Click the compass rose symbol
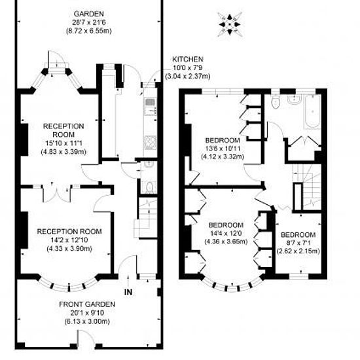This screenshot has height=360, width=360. (230, 24)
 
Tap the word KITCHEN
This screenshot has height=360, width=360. (188, 59)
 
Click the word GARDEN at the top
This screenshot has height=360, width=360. (88, 14)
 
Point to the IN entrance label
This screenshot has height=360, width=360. (128, 292)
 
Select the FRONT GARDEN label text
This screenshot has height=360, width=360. (87, 304)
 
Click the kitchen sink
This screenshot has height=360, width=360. (151, 106)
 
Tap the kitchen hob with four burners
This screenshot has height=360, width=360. (151, 143)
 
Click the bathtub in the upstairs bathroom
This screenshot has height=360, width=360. (312, 111)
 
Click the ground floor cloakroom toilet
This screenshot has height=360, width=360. (149, 187)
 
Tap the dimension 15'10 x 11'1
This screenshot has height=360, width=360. (63, 143)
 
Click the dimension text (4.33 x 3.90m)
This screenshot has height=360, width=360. (69, 249)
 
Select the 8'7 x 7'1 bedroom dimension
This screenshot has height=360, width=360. (298, 243)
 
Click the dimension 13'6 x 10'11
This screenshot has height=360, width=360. (223, 149)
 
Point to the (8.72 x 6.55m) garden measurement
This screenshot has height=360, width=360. (88, 31)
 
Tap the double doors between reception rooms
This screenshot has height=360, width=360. (57, 193)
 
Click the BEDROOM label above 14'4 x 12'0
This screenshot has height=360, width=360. (226, 225)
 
